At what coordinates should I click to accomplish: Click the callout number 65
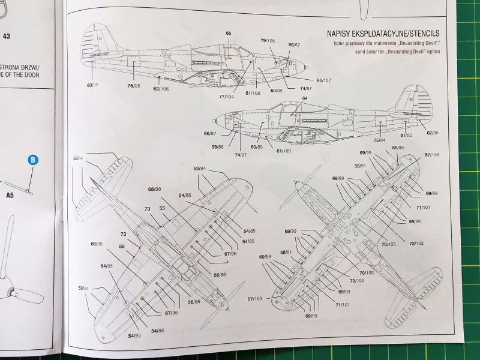click(x=229, y=34)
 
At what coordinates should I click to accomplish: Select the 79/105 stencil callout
click(x=268, y=40)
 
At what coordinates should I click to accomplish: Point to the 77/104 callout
click(x=226, y=97)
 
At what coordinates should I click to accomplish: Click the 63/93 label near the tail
click(x=92, y=86)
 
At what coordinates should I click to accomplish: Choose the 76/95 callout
click(x=134, y=86)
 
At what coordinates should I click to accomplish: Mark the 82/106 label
click(x=161, y=89)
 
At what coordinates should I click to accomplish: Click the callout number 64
click(x=305, y=98)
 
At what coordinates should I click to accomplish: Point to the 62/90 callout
click(x=431, y=133)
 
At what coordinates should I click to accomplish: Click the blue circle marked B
click(x=33, y=160)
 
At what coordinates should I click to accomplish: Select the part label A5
click(x=10, y=196)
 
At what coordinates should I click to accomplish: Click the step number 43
click(x=7, y=36)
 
